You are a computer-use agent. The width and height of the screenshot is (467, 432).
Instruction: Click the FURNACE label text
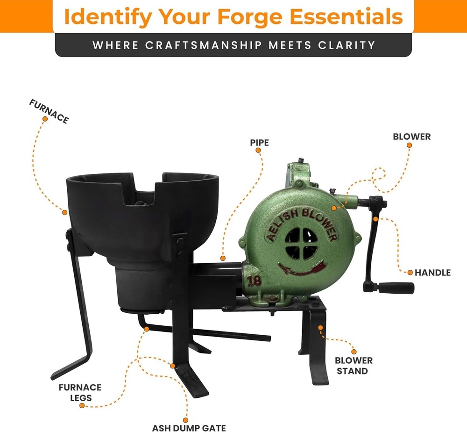49,111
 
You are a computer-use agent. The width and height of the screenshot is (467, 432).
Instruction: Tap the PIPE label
259,142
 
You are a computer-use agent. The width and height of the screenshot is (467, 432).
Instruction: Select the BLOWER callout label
411,137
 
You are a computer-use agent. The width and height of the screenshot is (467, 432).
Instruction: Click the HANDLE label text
433,272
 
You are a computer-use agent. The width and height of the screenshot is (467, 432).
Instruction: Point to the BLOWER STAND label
354,366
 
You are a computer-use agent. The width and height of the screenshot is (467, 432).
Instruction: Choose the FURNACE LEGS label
80,393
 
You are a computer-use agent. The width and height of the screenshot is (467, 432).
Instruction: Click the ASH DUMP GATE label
189,427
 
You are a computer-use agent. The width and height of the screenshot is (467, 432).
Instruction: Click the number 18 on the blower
254,281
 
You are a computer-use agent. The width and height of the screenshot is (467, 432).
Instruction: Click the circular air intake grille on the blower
301,244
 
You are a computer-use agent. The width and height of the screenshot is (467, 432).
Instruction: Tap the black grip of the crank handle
396,288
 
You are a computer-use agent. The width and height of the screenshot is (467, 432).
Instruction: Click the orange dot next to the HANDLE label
410,272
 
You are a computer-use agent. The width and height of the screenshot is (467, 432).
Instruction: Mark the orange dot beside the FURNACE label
45,119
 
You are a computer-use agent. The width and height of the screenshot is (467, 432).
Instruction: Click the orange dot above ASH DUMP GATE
185,419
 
